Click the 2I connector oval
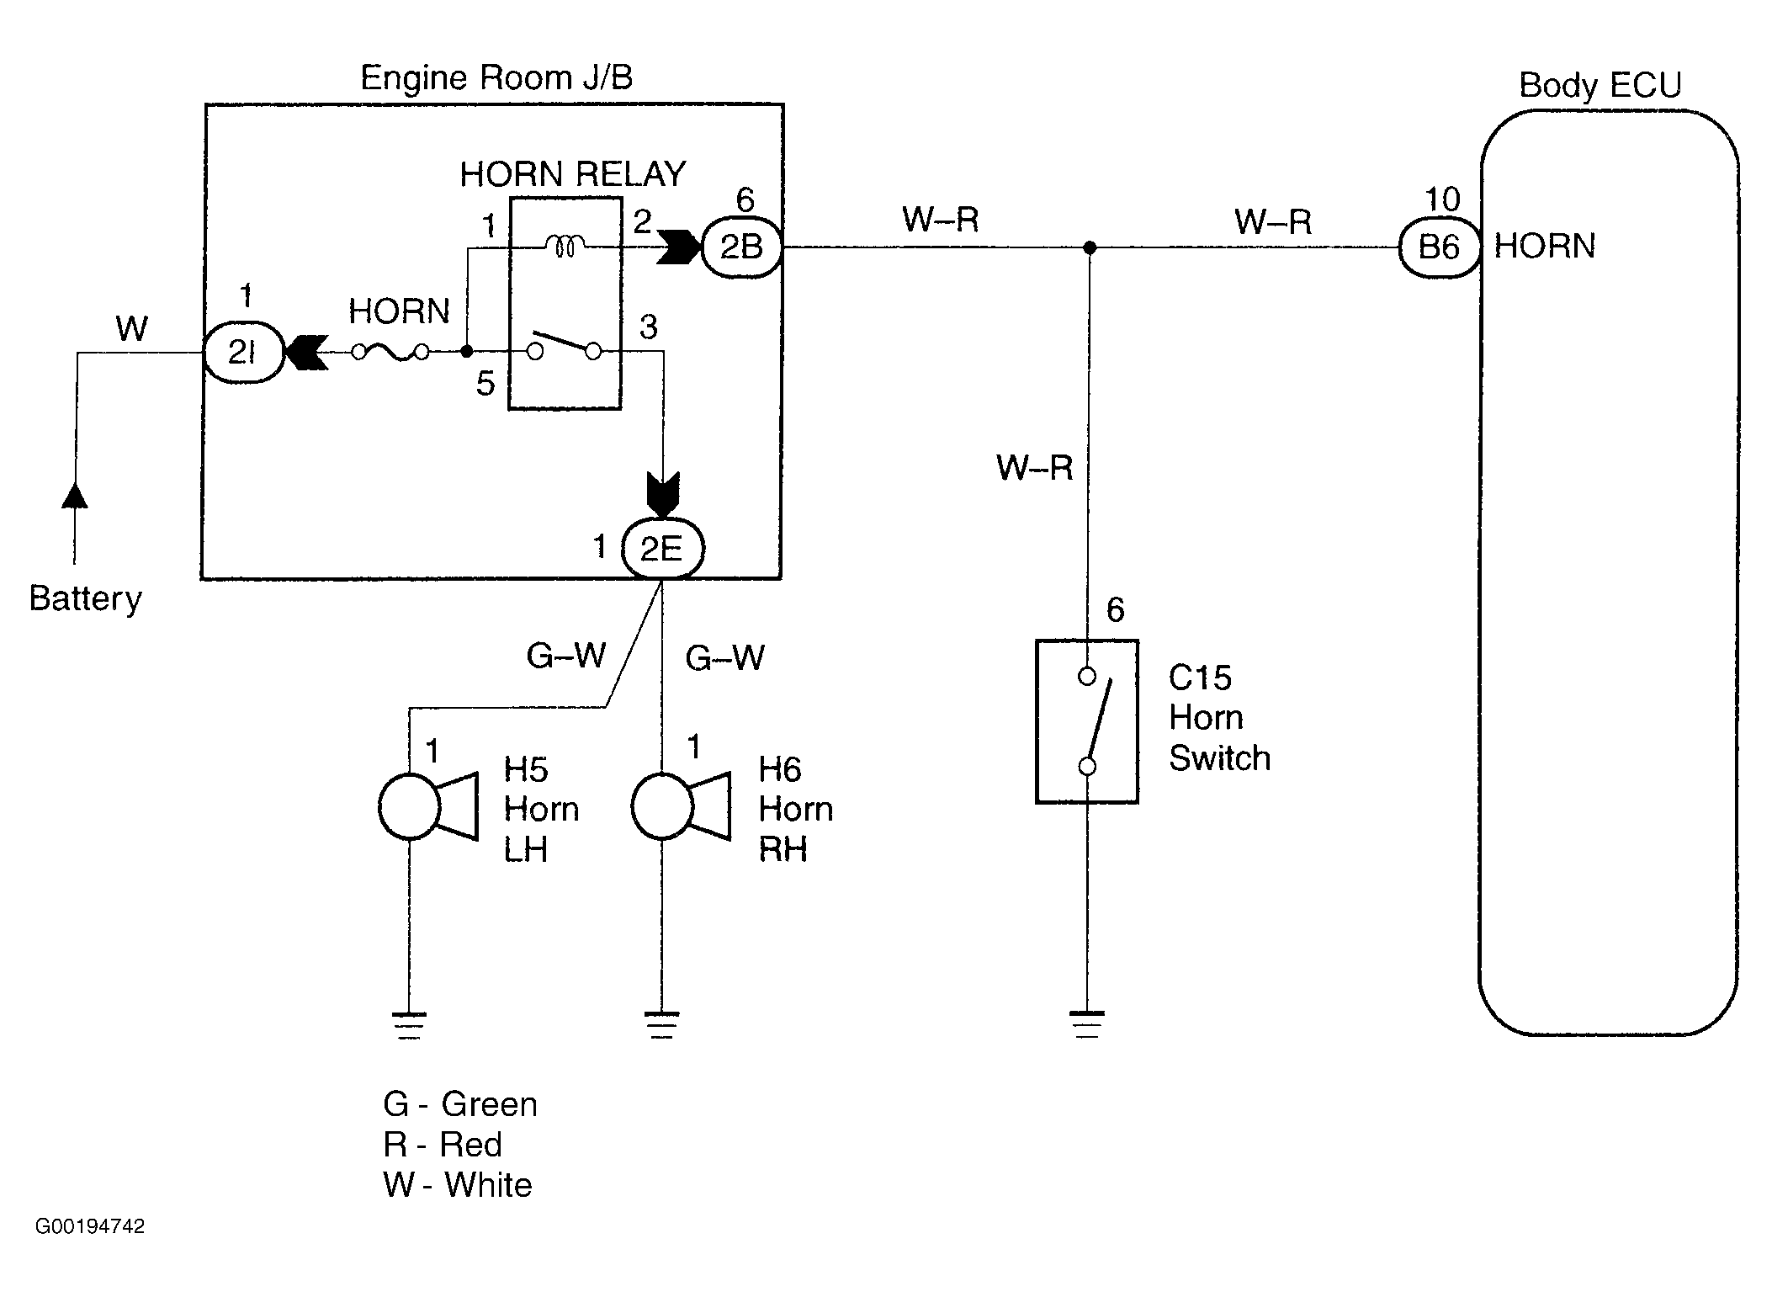pos(243,353)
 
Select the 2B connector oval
pos(740,247)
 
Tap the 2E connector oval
pos(662,549)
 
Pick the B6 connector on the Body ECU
pos(1438,247)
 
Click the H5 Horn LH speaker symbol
pos(427,806)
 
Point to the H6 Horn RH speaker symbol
pos(680,806)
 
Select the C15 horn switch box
pos(1086,721)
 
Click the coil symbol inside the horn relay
pos(565,246)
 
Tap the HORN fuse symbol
pos(390,353)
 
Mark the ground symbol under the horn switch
pos(1087,1023)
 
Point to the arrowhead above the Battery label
pos(75,496)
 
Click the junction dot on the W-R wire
pos(1090,247)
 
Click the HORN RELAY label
pos(572,174)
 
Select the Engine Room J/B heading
pos(496,78)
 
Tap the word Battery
pos(85,599)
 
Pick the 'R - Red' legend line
pos(443,1145)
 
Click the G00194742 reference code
pos(90,1226)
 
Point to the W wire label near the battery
pos(132,329)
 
